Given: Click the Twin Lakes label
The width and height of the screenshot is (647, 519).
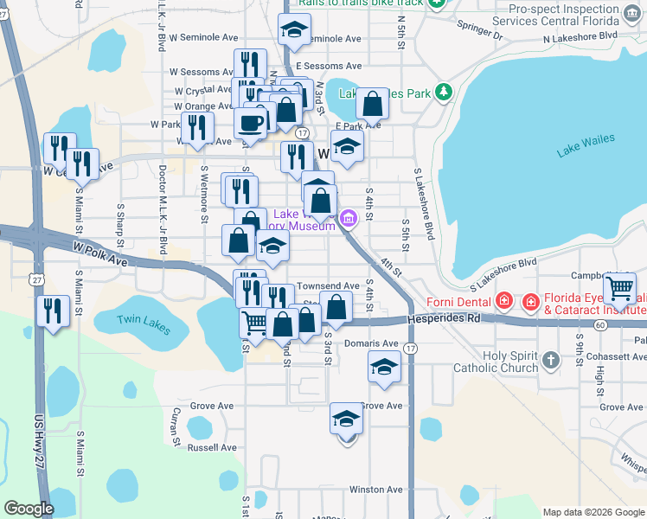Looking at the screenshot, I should click(x=144, y=323).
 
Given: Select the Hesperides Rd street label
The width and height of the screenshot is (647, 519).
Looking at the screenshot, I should click(x=450, y=318).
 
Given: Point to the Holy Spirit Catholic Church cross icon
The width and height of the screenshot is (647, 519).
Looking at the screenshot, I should click(x=551, y=358).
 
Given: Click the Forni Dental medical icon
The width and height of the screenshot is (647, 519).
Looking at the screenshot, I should click(x=504, y=302).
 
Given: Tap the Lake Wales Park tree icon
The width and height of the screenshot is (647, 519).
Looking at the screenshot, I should click(x=444, y=92).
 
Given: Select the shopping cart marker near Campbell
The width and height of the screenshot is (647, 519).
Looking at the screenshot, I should click(x=619, y=288).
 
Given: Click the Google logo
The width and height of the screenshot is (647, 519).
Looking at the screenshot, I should click(x=29, y=509).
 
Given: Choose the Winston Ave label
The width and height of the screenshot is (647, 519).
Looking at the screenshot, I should click(x=376, y=490).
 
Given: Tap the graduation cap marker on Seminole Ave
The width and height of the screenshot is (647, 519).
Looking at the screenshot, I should click(x=294, y=30).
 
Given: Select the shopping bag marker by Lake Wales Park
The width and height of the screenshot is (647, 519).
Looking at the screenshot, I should click(x=372, y=104).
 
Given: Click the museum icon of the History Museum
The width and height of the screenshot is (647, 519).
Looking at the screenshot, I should click(x=349, y=218).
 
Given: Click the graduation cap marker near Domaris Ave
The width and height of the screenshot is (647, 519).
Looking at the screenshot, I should click(x=384, y=367).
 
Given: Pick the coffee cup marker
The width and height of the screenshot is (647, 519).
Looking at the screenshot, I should click(x=251, y=123).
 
